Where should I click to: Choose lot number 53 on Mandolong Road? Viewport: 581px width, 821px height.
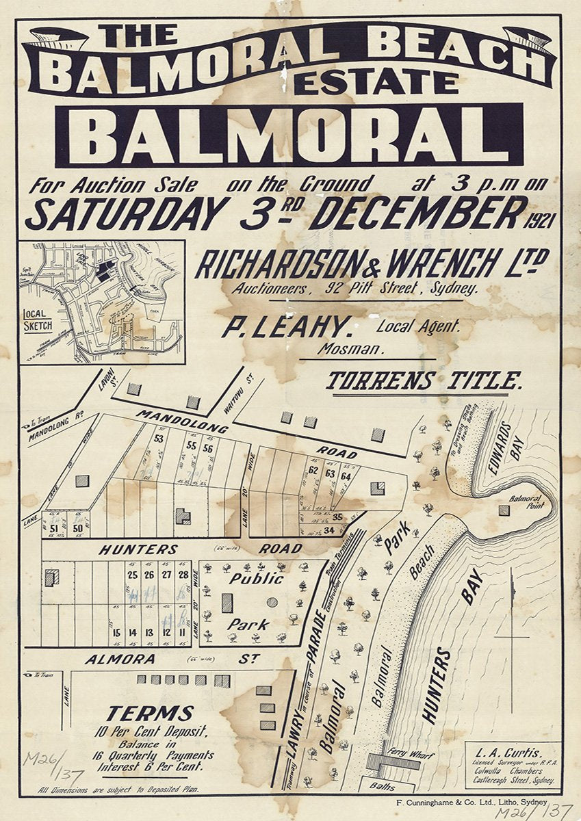click(159, 439)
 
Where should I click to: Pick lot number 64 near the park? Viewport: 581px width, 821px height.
click(346, 476)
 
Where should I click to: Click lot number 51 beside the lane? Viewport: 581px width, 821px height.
click(54, 527)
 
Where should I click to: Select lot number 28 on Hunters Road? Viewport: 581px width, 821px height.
click(183, 575)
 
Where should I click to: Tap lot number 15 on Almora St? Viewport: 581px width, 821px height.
click(117, 633)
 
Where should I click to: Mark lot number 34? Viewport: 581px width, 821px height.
click(329, 529)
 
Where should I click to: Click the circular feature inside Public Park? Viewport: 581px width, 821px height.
click(272, 603)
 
